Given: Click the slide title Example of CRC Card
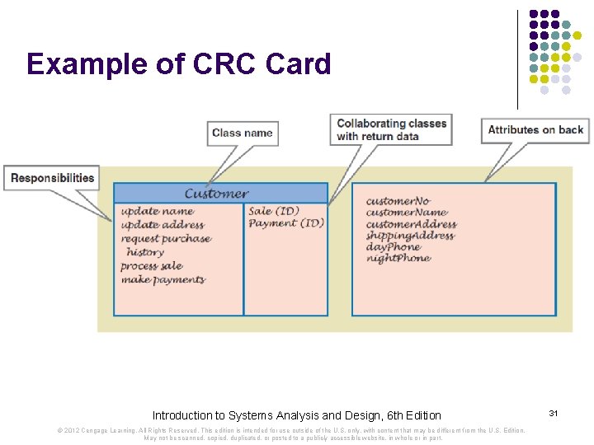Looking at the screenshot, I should pos(178,64).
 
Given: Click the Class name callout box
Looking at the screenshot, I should pos(242,133).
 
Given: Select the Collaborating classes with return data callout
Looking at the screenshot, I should pos(391,129).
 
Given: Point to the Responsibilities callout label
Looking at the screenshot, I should pos(52,178).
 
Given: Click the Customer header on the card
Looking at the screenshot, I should pos(216,194).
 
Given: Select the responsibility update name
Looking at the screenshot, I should pos(157,211).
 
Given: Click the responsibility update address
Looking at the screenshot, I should pos(162,225).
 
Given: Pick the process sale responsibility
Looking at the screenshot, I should pos(151,266).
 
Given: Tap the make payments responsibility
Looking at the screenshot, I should pos(163,279).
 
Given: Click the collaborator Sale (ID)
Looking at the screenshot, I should pos(273,211).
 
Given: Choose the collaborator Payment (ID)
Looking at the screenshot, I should pos(285,223).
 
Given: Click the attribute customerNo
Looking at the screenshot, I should pos(398,201).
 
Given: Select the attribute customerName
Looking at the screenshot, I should pos(406,213).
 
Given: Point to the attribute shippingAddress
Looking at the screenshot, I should pos(410,235).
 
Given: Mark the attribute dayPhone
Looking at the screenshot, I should pos(393,246).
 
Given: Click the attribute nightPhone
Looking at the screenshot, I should pos(398,258).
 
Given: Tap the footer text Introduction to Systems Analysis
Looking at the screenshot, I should pos(296,415).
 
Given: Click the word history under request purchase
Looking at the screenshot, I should pos(145,252).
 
